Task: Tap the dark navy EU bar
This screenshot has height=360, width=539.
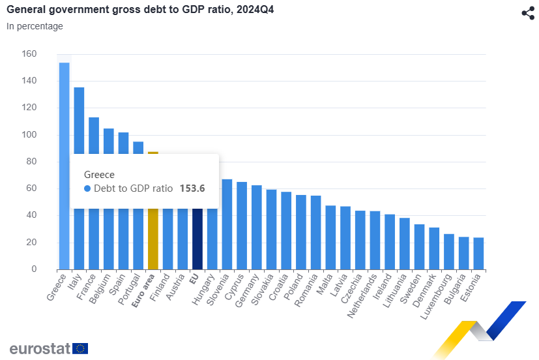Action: pyautogui.click(x=197, y=241)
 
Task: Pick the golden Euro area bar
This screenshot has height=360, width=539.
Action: pyautogui.click(x=153, y=241)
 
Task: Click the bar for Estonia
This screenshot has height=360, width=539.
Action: pyautogui.click(x=478, y=254)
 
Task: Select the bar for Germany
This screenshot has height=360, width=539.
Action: pyautogui.click(x=257, y=228)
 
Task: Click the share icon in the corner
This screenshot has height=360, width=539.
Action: pyautogui.click(x=528, y=13)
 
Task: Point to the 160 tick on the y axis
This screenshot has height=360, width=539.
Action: pyautogui.click(x=29, y=53)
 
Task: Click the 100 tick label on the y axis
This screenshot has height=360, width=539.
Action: pyautogui.click(x=29, y=134)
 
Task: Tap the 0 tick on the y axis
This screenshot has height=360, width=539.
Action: pyautogui.click(x=35, y=269)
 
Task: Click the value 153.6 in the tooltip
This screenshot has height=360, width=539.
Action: pyautogui.click(x=193, y=188)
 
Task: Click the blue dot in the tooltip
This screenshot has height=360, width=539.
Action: pyautogui.click(x=87, y=188)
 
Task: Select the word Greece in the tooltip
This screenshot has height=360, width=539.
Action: pyautogui.click(x=99, y=174)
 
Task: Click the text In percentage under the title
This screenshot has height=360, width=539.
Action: pyautogui.click(x=35, y=27)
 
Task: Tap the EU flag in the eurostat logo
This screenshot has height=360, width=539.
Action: pyautogui.click(x=80, y=348)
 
